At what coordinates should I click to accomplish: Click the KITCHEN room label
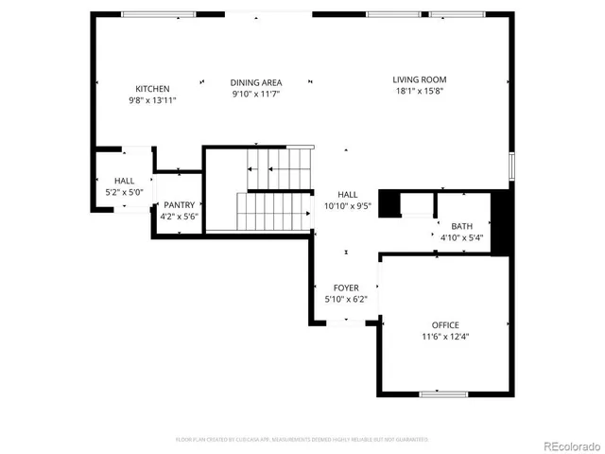pos(152,89)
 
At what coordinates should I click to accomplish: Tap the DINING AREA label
pos(255,83)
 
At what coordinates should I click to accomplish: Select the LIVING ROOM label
pos(420,79)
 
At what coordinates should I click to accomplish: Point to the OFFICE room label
pos(445,325)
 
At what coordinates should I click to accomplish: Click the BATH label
pos(461,226)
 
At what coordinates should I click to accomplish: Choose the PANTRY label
pos(179,205)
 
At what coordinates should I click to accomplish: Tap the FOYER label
pos(345,288)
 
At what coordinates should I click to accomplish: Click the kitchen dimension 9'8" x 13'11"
pos(152,100)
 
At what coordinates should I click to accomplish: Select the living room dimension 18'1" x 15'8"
pos(420,91)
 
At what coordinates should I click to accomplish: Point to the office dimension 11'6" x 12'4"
pos(445,337)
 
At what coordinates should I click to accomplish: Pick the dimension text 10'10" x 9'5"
pos(348,205)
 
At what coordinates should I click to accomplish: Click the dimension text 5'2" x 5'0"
pos(125,192)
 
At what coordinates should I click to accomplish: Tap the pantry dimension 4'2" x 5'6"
pos(179,217)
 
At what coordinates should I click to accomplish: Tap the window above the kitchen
pos(153,14)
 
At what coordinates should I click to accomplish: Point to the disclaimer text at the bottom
pos(302,439)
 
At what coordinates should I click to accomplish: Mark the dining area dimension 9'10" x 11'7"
pos(255,95)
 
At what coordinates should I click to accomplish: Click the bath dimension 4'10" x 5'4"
pos(461,237)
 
